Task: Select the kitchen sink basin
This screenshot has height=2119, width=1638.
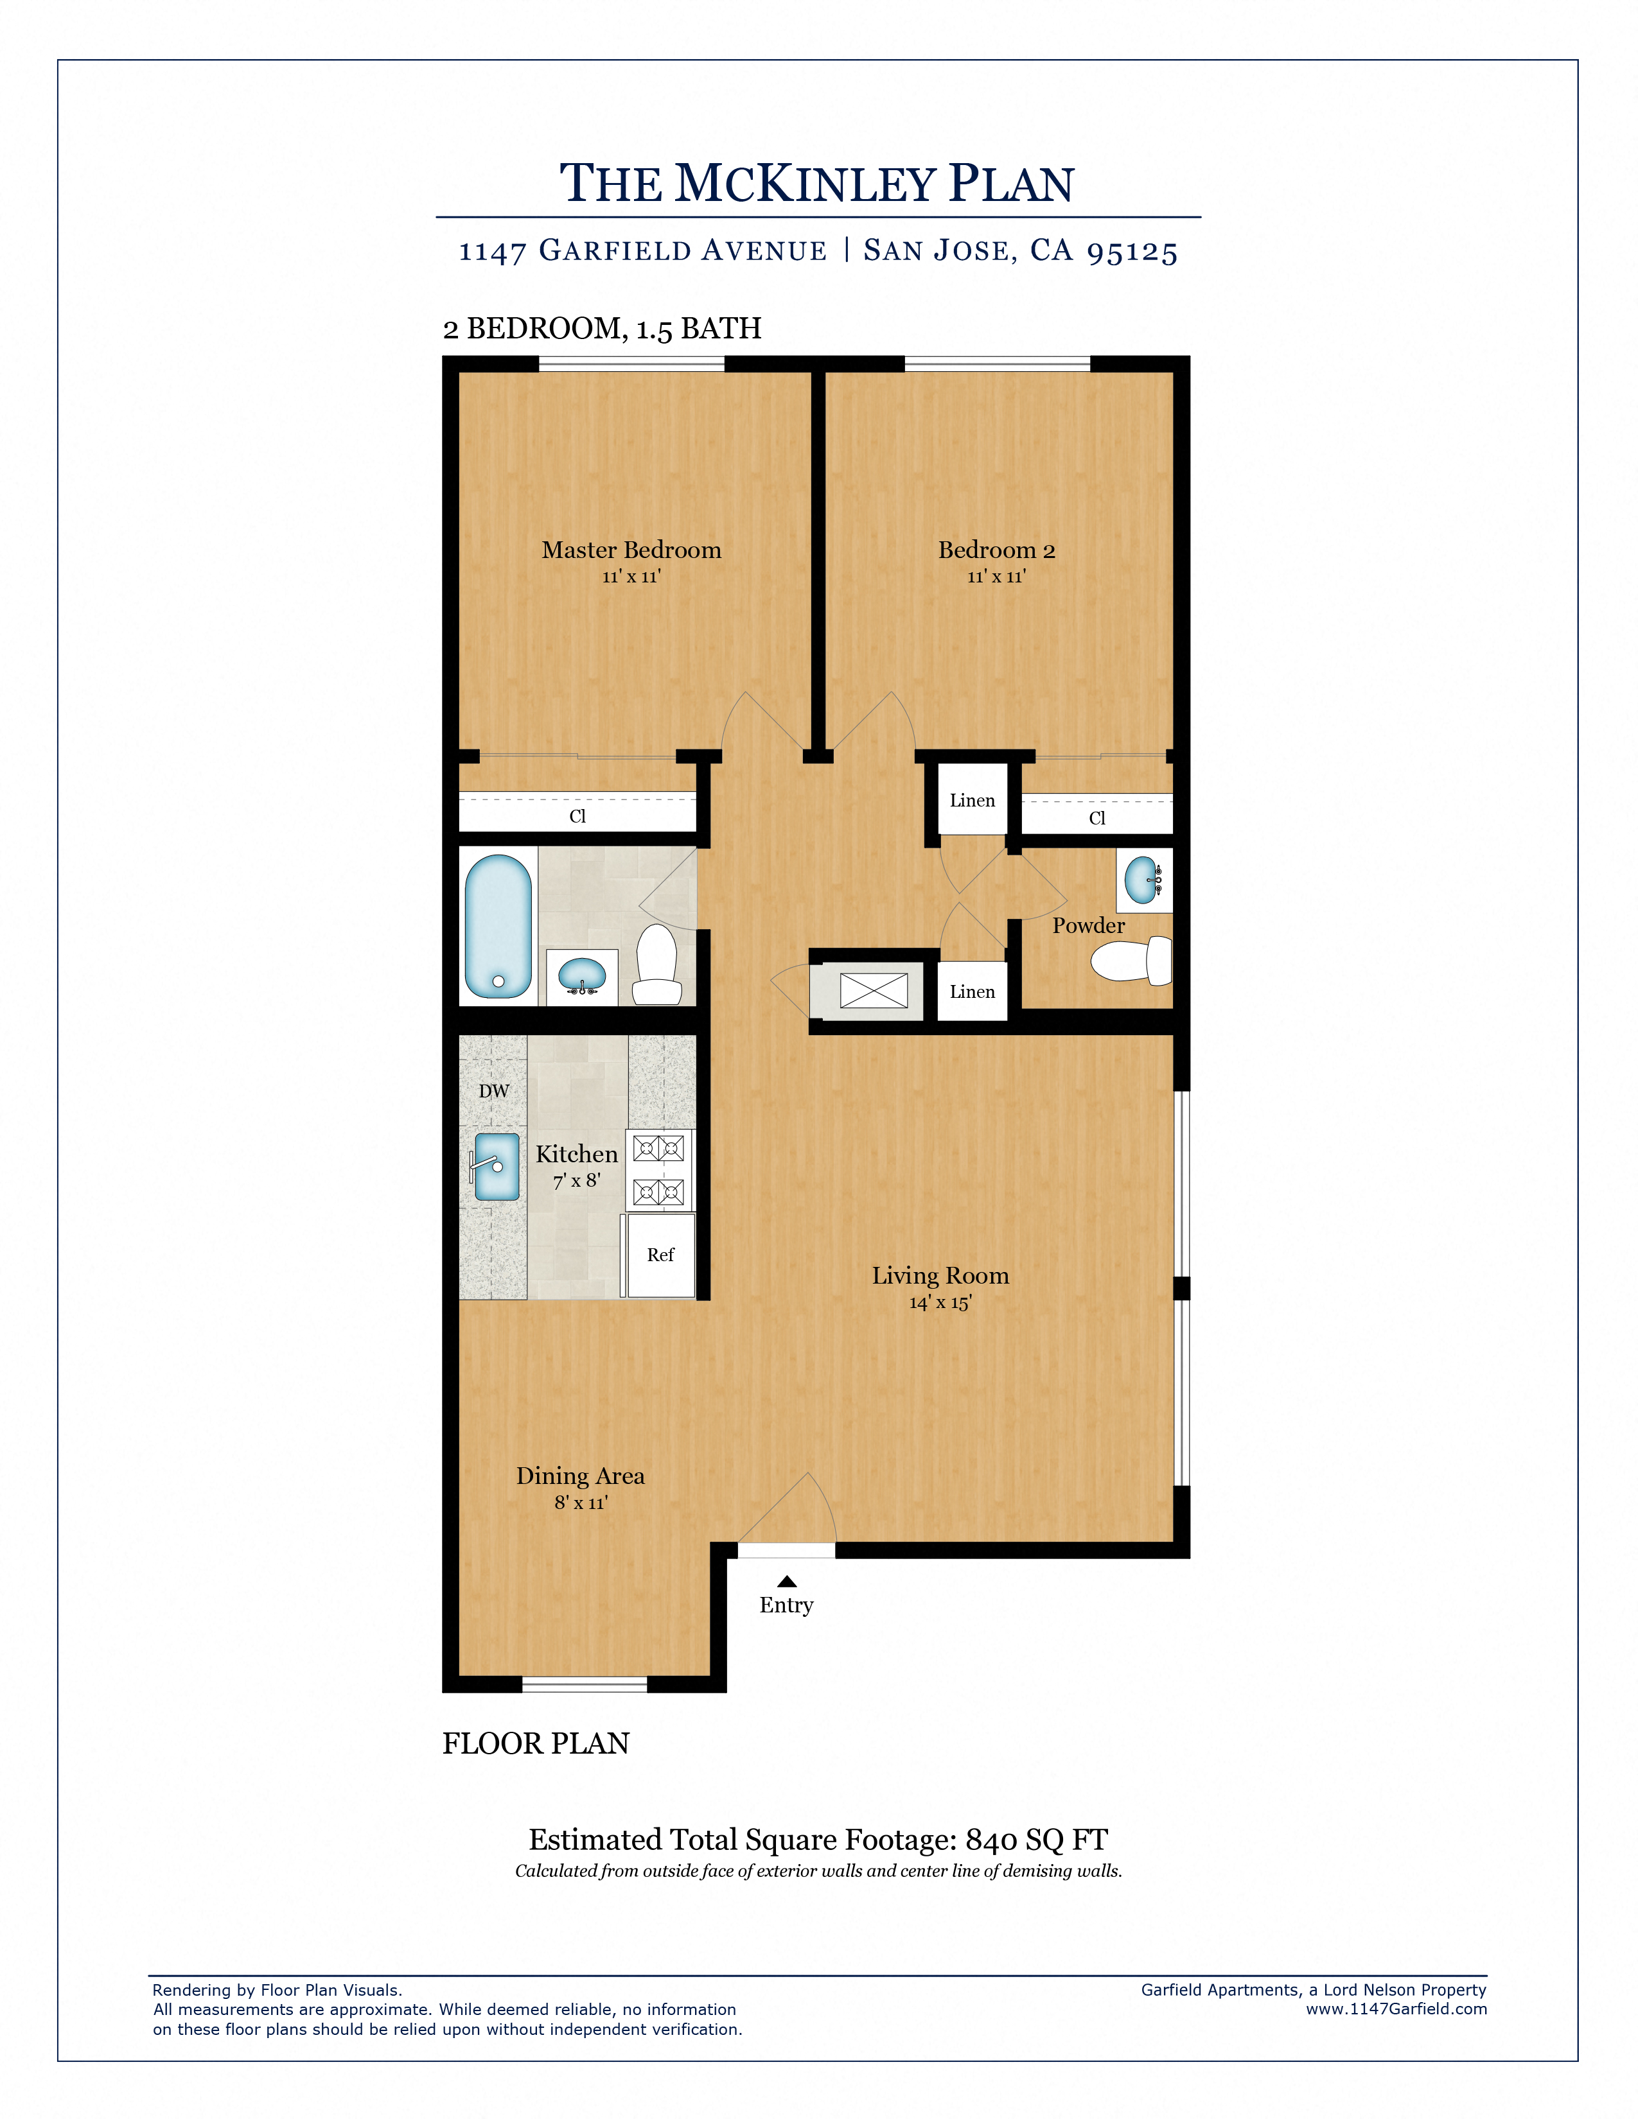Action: [497, 1166]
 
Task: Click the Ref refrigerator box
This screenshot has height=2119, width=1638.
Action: [660, 1255]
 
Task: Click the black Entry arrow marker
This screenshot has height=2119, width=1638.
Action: [787, 1582]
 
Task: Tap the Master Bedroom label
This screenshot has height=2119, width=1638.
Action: [631, 550]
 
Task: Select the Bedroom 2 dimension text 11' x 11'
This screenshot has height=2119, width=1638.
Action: [996, 577]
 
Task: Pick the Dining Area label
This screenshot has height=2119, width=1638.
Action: [580, 1476]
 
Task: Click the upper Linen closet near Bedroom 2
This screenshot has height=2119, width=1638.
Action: [973, 801]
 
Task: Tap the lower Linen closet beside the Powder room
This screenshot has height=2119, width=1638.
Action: [973, 991]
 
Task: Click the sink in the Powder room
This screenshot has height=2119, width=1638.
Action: [1142, 880]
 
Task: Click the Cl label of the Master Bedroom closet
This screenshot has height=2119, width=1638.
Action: [577, 816]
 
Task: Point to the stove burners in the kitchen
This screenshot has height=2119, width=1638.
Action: [659, 1170]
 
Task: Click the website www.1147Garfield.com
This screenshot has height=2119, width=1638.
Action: [1395, 2009]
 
